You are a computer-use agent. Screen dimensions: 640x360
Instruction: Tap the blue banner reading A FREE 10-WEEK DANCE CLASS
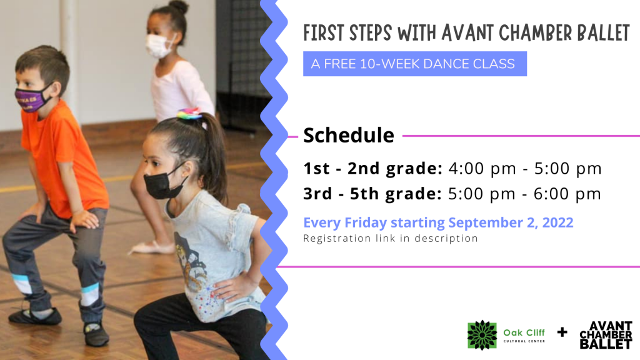(415, 64)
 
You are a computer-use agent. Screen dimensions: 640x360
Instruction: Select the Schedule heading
(349, 135)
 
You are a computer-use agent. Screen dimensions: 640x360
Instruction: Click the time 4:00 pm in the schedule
(482, 168)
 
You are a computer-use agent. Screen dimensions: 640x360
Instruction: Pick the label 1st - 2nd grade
(372, 168)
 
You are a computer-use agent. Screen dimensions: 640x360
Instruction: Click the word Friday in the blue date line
(365, 222)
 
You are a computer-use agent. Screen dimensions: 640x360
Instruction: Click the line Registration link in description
(390, 238)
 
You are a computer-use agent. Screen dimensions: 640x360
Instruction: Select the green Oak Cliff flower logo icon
(482, 335)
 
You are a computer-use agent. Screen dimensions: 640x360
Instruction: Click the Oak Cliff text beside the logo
(524, 332)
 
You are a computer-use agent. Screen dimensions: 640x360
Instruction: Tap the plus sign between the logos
(562, 332)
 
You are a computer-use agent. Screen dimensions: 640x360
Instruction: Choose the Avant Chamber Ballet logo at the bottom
(606, 335)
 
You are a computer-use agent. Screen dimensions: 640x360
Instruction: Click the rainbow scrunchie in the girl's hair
(189, 113)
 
